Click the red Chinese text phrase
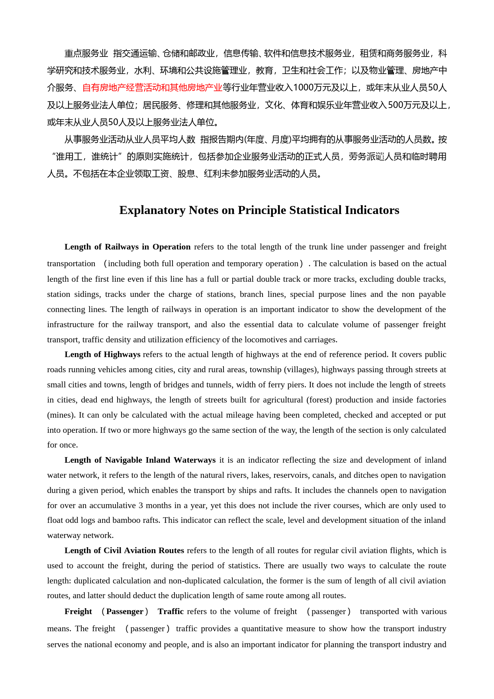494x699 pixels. point(152,88)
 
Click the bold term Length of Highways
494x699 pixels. point(102,354)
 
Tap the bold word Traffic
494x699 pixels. point(171,611)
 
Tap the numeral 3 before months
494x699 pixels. point(141,505)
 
